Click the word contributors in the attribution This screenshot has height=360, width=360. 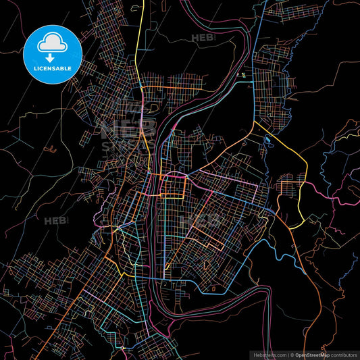342,355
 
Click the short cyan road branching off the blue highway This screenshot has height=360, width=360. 246,84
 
